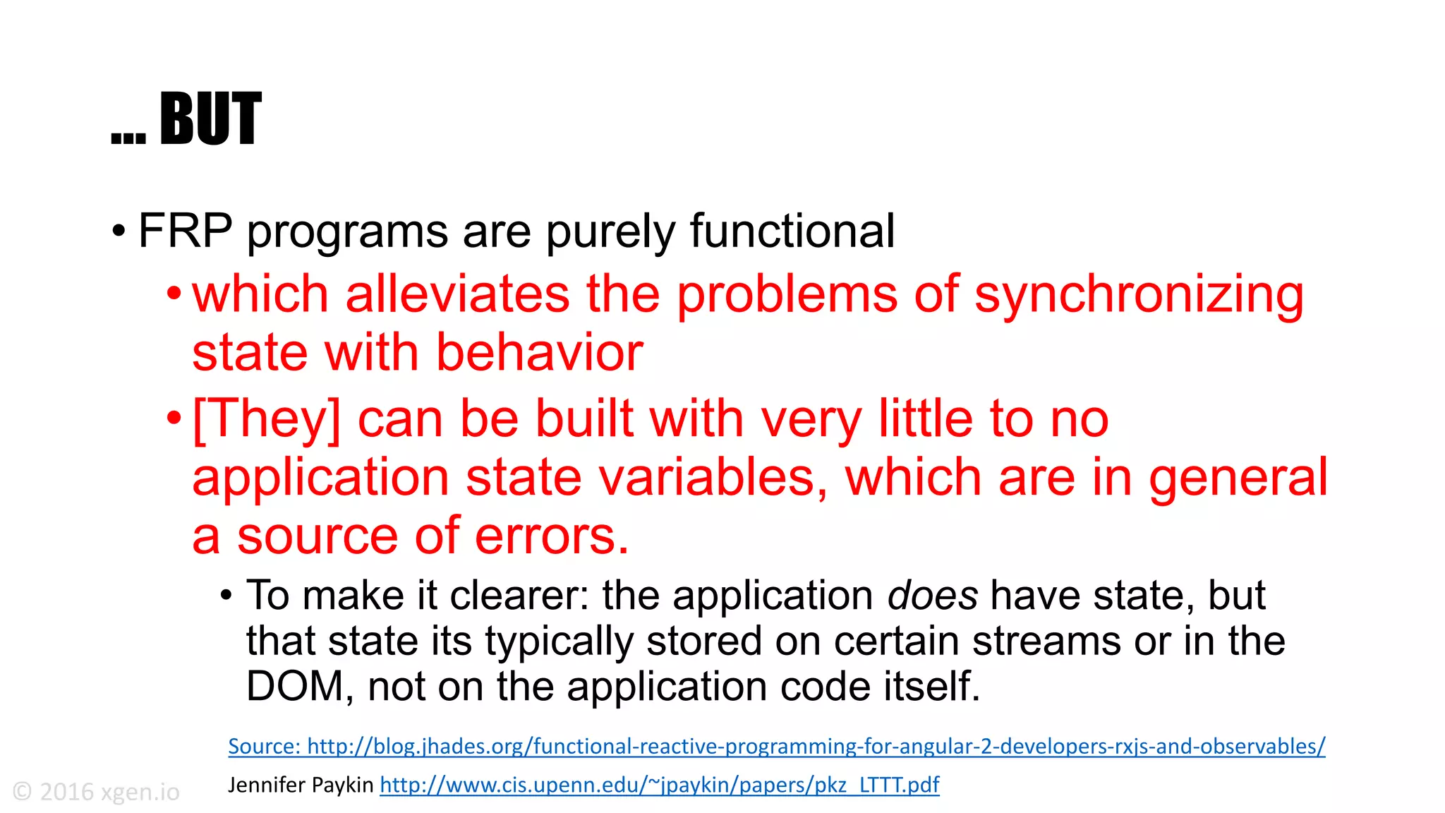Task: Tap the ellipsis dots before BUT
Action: (128, 138)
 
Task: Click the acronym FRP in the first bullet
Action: (185, 231)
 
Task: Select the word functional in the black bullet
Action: (792, 231)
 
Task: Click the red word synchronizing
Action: (1139, 295)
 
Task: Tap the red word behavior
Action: (539, 352)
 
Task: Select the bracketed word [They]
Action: (266, 419)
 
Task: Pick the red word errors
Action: (551, 536)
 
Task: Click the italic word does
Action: (932, 596)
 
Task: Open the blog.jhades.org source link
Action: (776, 747)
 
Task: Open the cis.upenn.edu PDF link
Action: (659, 785)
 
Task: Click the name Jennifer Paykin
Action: (301, 785)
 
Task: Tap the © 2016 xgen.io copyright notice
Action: (96, 792)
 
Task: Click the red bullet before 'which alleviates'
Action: (174, 293)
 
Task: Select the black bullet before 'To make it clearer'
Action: (226, 596)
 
